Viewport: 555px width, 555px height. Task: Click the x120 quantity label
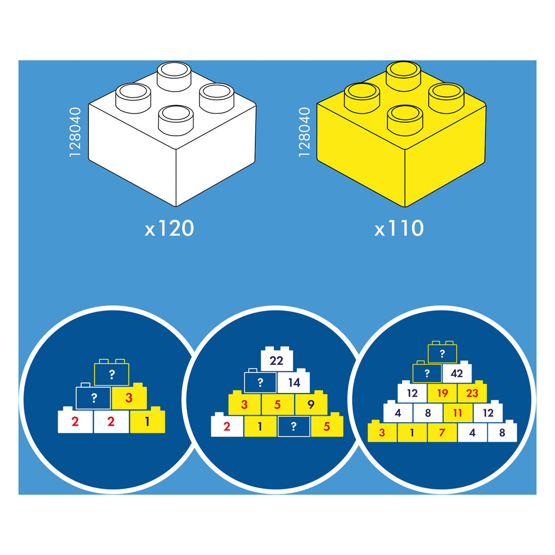tap(169, 228)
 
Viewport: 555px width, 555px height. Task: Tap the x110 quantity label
tap(399, 228)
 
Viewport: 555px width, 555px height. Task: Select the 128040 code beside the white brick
tap(75, 132)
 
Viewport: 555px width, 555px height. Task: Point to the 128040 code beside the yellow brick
tap(305, 132)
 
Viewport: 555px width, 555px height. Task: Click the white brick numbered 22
tap(277, 359)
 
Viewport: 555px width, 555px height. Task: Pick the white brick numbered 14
tap(294, 381)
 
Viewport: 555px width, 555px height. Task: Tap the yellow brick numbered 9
tap(311, 403)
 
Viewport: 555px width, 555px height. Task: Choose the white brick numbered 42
tap(457, 372)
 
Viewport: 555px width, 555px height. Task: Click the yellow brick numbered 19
tap(442, 392)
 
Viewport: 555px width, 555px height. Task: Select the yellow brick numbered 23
tap(472, 392)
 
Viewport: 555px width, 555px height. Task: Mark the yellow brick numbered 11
tap(457, 412)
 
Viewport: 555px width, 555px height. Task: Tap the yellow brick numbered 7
tap(442, 431)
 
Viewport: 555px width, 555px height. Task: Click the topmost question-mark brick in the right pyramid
tap(442, 352)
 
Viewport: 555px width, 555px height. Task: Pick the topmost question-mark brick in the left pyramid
tap(112, 373)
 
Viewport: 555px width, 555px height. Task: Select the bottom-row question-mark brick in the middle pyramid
tap(294, 427)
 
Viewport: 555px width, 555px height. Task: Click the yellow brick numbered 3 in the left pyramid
tap(129, 396)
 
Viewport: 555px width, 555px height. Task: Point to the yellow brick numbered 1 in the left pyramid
tap(147, 420)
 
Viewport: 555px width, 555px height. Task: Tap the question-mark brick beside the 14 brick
tap(260, 381)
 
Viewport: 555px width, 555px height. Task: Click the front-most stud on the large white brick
tap(176, 120)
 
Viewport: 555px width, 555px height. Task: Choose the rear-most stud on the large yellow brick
tap(403, 76)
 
